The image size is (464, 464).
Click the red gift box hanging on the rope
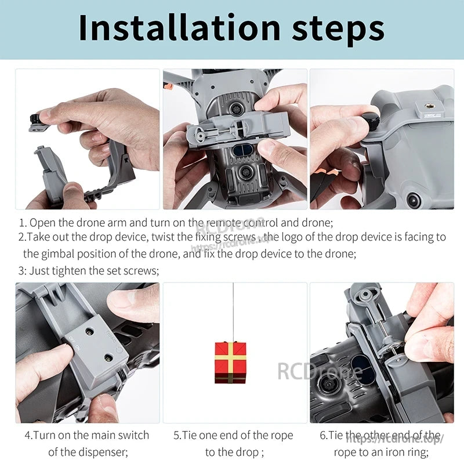[230, 362]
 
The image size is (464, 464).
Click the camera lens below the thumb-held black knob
[414, 200]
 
